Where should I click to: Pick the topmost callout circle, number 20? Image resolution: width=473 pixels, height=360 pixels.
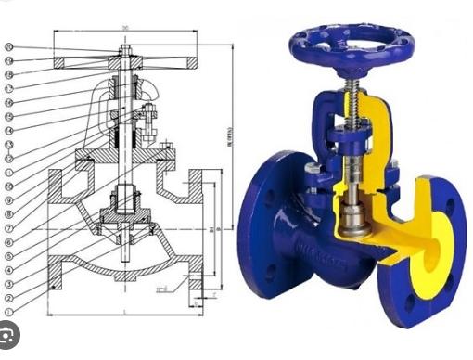[x=9, y=47]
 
